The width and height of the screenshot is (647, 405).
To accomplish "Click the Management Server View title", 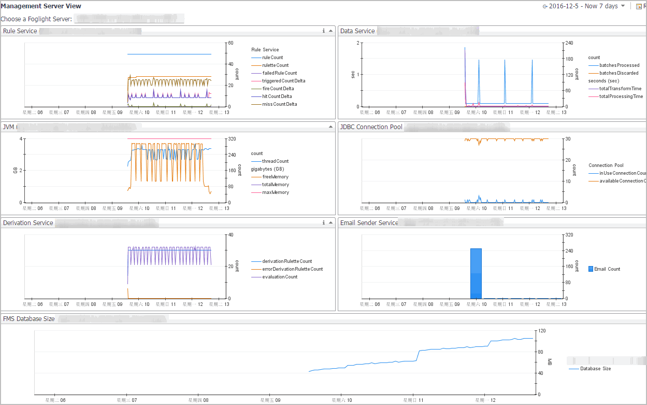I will point(41,6).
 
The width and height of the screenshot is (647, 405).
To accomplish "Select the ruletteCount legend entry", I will point(275,65).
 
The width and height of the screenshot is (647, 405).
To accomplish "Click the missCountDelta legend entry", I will point(279,104).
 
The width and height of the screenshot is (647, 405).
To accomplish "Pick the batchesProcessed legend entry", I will point(619,65).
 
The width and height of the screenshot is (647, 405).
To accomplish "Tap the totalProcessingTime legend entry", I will point(621,96).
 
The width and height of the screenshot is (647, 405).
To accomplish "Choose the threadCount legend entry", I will point(275,161).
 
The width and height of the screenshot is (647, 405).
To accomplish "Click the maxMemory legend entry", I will point(275,192).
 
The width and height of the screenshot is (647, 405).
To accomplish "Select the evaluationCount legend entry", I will point(280,277).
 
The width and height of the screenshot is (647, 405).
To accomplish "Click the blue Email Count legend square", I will point(591,269).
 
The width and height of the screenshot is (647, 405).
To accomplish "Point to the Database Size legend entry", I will point(595,369).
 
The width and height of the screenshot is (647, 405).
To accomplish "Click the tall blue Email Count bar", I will point(476,273).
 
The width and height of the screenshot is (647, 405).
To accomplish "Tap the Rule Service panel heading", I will point(20,31).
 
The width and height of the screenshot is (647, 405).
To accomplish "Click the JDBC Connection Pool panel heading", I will point(371,127).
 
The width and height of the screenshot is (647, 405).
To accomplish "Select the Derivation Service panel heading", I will point(28,223).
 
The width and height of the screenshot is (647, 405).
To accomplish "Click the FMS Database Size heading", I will point(28,319).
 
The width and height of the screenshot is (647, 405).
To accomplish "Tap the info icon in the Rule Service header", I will point(324,31).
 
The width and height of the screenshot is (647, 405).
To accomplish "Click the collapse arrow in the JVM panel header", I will point(330,127).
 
